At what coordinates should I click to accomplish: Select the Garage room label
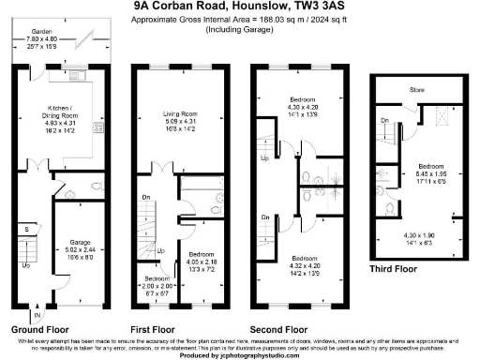[x=79, y=242]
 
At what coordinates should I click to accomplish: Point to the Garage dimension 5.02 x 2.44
[x=79, y=249]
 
